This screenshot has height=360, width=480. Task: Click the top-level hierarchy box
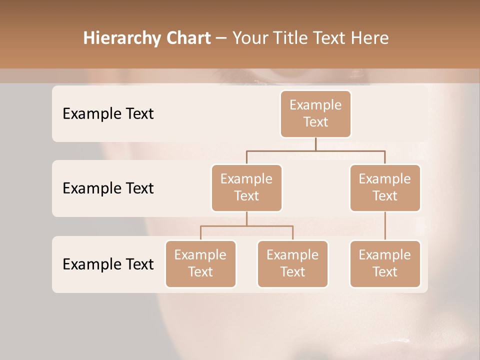point(315,113)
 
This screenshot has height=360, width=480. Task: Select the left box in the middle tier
point(246,187)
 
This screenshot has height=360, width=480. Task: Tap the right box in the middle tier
point(385,187)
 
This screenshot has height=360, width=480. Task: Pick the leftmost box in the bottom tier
point(200,263)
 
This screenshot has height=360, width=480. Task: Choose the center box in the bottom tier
point(292,263)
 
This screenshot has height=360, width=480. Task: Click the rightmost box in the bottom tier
point(385,263)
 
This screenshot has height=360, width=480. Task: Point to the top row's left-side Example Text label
point(108,113)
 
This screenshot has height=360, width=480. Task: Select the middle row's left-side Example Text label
point(108,188)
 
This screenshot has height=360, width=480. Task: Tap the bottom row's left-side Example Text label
point(108,264)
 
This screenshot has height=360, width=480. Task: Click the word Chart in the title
point(186,38)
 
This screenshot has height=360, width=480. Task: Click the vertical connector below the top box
point(315,144)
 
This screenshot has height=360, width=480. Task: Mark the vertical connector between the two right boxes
point(385,226)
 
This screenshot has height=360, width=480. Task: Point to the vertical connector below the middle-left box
point(246,218)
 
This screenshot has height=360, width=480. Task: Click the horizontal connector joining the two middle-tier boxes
point(315,150)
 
